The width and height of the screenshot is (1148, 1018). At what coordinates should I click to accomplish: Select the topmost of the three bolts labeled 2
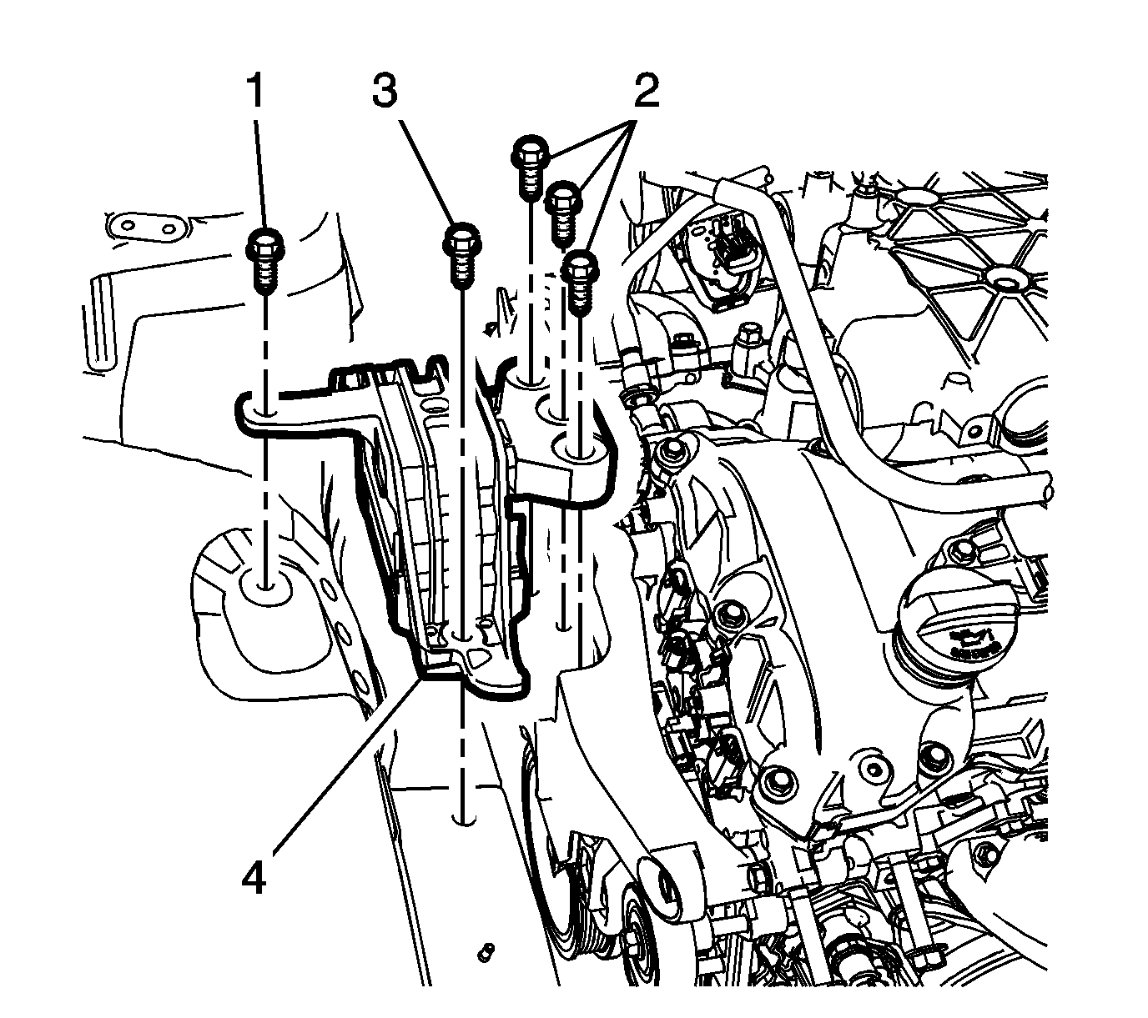click(529, 167)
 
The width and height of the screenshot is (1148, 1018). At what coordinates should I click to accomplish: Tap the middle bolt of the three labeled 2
click(563, 212)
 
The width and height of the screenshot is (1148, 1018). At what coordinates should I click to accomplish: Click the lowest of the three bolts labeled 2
click(581, 280)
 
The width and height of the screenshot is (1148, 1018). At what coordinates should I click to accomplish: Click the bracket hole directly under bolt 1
click(267, 410)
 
